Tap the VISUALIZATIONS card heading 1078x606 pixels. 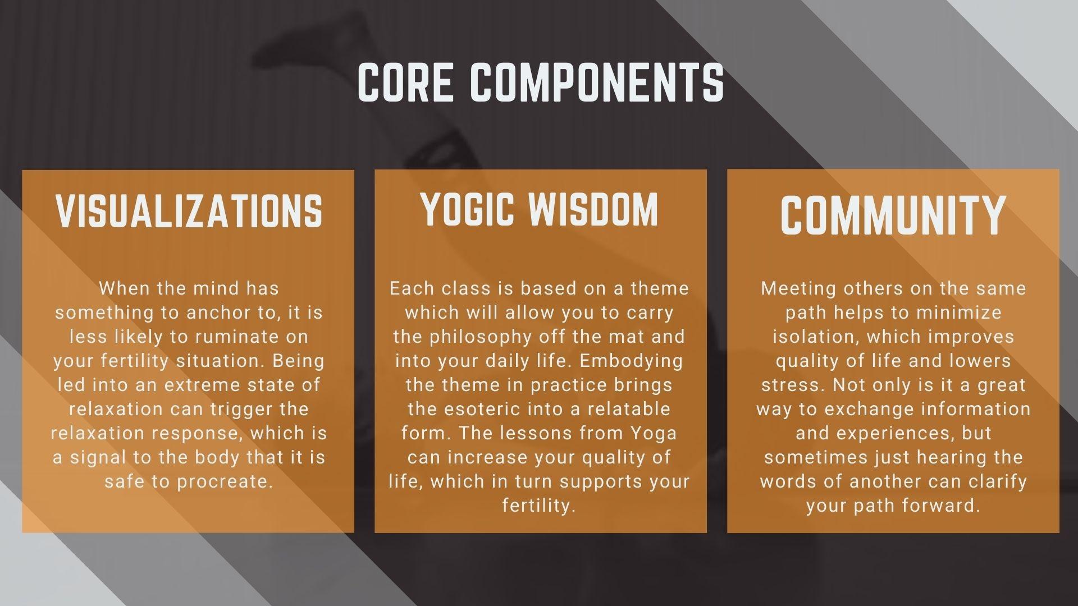point(189,211)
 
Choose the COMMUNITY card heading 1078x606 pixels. point(893,215)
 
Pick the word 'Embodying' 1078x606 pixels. point(631,361)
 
